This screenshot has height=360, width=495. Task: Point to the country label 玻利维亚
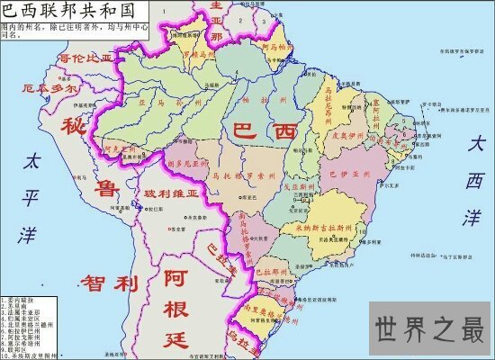[x=168, y=194]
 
